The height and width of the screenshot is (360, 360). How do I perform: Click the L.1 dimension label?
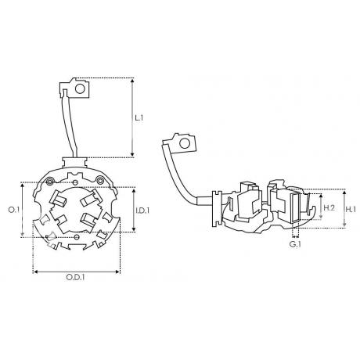coord(139,118)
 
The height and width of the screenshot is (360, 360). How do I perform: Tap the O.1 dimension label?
coord(14,210)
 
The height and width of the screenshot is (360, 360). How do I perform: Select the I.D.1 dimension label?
coord(142,211)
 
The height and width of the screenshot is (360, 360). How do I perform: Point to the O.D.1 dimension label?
coord(75,277)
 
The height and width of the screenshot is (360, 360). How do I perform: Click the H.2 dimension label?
coord(329,208)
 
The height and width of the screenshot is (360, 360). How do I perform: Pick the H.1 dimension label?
coord(351,209)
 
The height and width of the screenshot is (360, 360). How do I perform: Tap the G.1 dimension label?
coord(295,245)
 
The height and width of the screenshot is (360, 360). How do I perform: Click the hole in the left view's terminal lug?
coord(80,89)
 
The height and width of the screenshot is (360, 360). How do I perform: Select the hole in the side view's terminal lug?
coord(185,143)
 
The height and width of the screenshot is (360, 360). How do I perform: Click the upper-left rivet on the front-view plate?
coord(49,181)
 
